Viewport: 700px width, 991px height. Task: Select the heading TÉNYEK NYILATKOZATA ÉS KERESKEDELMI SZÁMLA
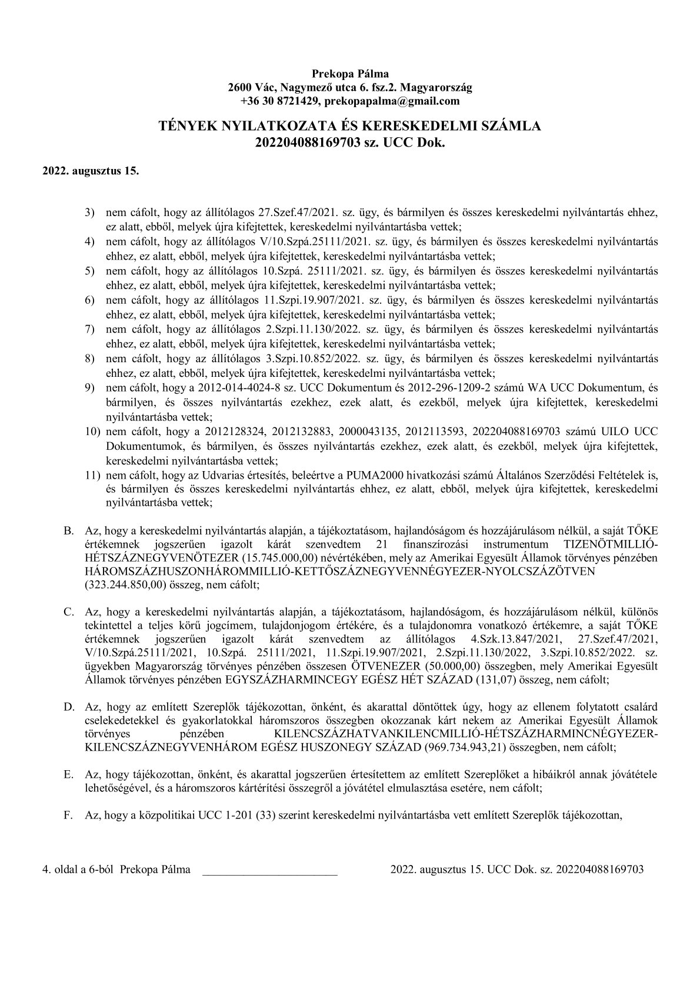[350, 126]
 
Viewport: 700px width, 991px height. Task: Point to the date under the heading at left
[91, 172]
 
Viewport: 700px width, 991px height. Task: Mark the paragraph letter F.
[68, 816]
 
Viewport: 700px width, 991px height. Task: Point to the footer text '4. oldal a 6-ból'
[79, 869]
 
